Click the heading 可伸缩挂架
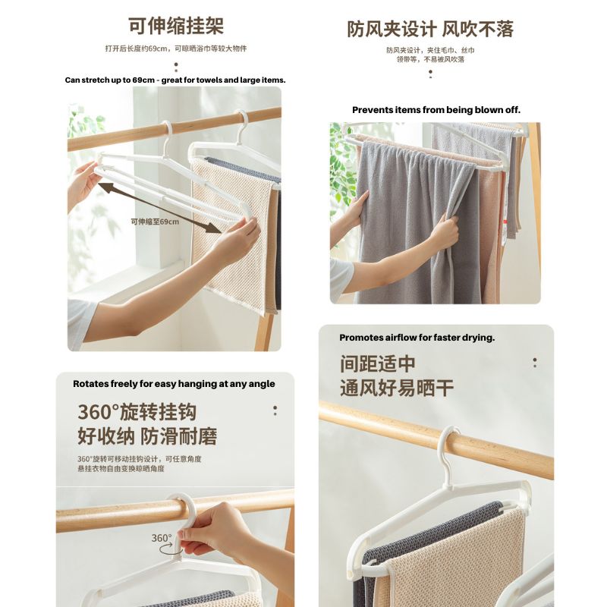175,27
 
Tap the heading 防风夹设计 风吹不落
430,29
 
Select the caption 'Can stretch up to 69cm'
175,80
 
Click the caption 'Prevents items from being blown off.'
436,110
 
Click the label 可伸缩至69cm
155,222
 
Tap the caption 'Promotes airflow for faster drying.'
417,338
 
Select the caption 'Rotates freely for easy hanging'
174,384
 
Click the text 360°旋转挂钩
137,413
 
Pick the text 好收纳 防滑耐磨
147,436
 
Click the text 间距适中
378,364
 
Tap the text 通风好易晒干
397,388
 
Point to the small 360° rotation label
162,538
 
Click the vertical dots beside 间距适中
535,363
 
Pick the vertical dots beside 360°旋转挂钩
275,410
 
